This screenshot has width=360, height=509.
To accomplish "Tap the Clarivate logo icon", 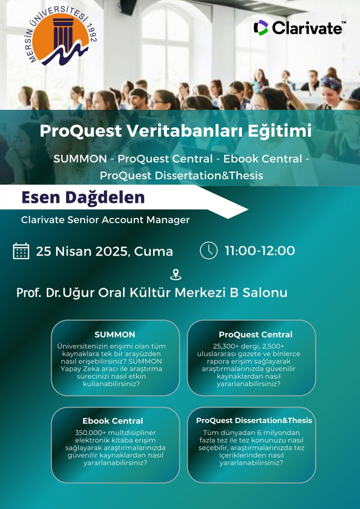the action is click(x=261, y=28).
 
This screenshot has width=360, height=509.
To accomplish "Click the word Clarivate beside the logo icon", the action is click(x=307, y=28).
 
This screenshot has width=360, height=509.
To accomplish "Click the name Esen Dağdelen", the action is click(x=83, y=197).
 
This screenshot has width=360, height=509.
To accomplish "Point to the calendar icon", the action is click(x=21, y=251).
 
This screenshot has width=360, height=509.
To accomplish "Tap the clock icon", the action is click(x=208, y=251).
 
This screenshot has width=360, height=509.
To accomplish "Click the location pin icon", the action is click(x=176, y=274).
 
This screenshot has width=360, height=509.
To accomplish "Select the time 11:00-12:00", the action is click(x=260, y=251).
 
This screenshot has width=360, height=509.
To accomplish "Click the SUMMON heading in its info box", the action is click(x=115, y=335).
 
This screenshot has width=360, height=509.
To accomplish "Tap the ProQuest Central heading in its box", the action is click(x=256, y=335).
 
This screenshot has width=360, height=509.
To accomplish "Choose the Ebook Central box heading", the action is click(x=113, y=421).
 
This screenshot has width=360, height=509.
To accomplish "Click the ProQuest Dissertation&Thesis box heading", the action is click(x=254, y=421).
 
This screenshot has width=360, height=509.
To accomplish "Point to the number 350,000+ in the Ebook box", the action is click(x=90, y=433).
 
